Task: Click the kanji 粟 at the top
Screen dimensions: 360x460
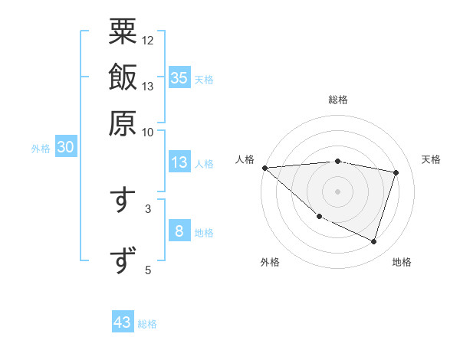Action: coord(123,32)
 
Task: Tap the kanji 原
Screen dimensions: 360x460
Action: coord(123,123)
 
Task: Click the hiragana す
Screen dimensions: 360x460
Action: coord(123,199)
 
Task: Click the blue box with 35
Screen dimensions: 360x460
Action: coord(179,77)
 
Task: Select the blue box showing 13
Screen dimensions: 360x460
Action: coord(179,162)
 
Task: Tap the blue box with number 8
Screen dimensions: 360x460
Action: coord(179,231)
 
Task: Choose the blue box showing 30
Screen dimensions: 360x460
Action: coord(65,148)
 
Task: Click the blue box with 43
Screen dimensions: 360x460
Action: coord(123,322)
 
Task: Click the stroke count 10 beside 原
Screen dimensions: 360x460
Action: coord(148,132)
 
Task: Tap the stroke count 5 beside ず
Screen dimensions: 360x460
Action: coord(148,270)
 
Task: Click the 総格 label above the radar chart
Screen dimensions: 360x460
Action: coord(338,100)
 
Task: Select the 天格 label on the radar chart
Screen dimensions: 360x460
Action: coord(432,159)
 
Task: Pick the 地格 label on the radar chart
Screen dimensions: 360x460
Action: coord(402,262)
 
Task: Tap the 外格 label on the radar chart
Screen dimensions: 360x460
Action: coord(270,262)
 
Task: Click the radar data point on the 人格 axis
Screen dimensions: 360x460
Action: coord(264,168)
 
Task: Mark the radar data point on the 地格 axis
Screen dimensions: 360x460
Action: coord(373,241)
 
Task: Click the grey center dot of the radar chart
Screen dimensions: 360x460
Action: coord(338,191)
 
